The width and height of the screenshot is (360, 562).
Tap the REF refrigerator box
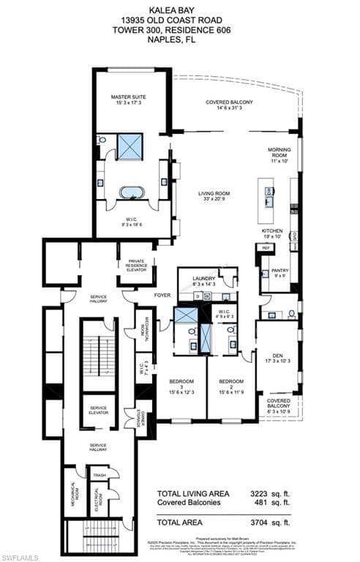264,249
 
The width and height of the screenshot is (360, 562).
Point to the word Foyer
162,296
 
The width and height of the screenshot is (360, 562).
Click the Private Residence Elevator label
136,265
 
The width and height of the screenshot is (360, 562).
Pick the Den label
276,356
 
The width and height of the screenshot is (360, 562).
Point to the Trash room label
99,475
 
